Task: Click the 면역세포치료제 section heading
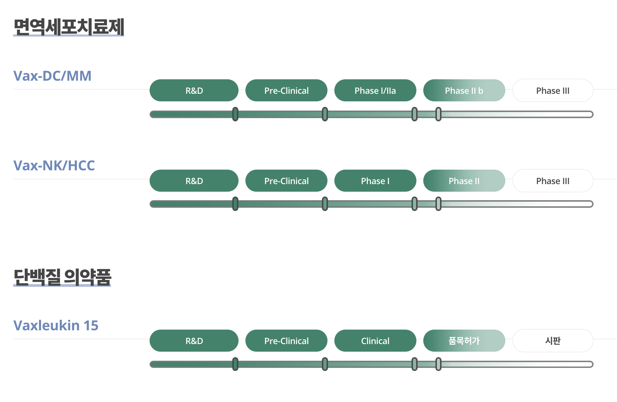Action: [x=69, y=27]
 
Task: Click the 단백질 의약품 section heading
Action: [x=62, y=277]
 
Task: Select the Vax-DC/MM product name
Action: [x=52, y=76]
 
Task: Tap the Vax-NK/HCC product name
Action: [x=54, y=165]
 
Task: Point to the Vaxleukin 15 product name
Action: [x=56, y=325]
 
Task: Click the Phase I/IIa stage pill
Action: [x=375, y=91]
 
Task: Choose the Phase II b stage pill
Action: [x=464, y=91]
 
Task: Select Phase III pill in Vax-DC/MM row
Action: [x=553, y=91]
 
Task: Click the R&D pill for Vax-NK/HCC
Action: [x=194, y=181]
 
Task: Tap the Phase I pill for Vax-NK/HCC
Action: [x=375, y=181]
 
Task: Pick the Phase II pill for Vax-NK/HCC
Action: [x=464, y=181]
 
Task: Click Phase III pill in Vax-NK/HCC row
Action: [x=553, y=181]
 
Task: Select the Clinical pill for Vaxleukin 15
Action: [x=375, y=341]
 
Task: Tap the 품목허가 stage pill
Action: [x=464, y=341]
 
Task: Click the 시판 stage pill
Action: [x=553, y=341]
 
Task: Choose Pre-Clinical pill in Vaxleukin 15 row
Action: [x=286, y=341]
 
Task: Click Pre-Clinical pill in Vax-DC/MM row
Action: [x=286, y=91]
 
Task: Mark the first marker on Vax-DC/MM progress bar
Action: [x=235, y=114]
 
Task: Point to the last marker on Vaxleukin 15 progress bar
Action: [x=438, y=364]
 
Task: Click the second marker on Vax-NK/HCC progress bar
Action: [x=325, y=204]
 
